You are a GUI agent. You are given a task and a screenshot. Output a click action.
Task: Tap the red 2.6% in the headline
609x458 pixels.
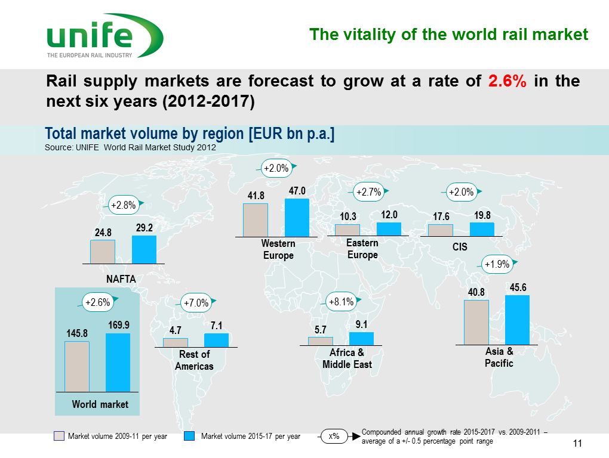click(507, 81)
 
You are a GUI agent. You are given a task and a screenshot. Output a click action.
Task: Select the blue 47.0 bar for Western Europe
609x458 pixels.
click(297, 218)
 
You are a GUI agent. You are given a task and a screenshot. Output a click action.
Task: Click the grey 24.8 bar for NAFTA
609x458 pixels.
click(103, 252)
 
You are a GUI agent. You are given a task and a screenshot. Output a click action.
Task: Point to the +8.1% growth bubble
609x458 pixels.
click(341, 302)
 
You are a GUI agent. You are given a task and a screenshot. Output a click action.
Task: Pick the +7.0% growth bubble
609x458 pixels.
click(196, 303)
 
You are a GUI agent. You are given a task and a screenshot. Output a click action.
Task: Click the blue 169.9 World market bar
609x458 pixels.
click(118, 363)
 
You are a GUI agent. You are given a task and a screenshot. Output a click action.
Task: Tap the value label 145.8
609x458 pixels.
click(77, 333)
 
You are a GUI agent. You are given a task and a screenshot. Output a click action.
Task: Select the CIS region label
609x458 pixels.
click(460, 247)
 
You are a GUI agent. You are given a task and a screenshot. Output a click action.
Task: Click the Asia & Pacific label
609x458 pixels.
click(499, 357)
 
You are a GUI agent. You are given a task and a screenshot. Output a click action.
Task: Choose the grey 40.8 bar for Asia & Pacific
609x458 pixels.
click(476, 322)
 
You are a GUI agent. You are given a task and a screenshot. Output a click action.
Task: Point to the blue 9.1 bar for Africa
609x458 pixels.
click(361, 339)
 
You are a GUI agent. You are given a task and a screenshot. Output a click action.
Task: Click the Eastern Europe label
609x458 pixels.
click(362, 249)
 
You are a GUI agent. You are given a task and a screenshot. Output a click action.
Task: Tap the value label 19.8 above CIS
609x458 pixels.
click(482, 215)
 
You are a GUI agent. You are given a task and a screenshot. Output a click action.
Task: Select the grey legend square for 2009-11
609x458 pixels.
click(59, 436)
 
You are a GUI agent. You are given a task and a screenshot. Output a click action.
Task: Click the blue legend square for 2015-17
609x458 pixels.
click(189, 436)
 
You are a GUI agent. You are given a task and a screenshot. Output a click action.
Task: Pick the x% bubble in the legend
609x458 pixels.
click(334, 437)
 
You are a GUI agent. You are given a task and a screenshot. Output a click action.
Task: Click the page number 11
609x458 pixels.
click(577, 443)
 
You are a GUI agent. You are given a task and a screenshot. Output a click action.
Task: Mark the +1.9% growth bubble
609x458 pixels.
click(497, 264)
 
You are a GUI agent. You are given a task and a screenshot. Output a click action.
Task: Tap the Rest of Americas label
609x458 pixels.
click(194, 360)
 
